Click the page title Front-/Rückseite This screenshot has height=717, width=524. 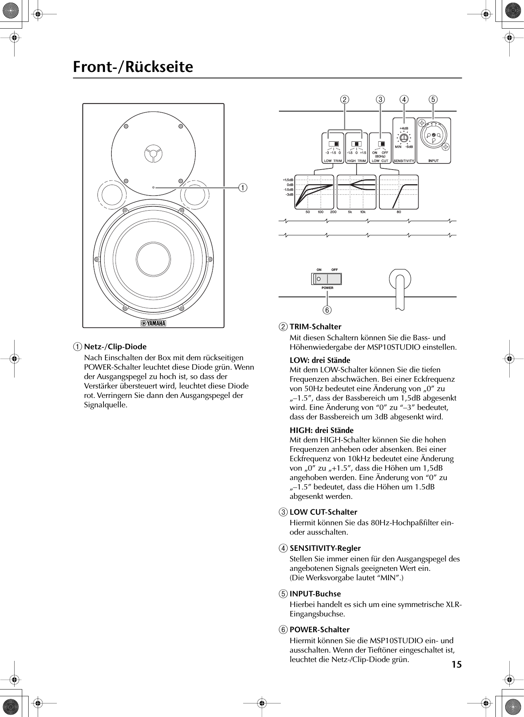[x=133, y=67]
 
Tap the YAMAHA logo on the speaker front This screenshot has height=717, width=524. [x=153, y=324]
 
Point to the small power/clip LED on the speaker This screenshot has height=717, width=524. [x=153, y=187]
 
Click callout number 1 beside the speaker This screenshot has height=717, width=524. [x=244, y=187]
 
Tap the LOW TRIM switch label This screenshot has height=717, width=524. [x=333, y=161]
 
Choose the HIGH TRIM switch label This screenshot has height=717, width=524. [x=356, y=161]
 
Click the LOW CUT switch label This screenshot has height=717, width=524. [x=380, y=161]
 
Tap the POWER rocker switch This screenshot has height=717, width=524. [x=327, y=279]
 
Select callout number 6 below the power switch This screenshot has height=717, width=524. [x=327, y=310]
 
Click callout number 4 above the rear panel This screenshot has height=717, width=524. [x=404, y=100]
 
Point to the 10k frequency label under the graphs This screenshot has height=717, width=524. [x=363, y=212]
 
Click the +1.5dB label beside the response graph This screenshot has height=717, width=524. [x=288, y=180]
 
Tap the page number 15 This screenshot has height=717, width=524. [x=456, y=664]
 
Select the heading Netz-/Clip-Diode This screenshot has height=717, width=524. [x=115, y=347]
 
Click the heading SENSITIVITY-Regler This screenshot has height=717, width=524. [x=325, y=548]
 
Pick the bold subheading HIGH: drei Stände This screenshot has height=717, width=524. [x=321, y=430]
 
